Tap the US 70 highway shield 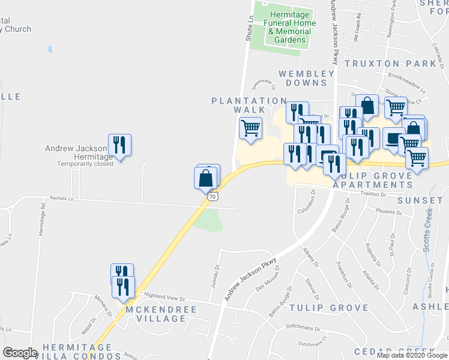point(211,196)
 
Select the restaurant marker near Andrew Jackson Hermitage point(119,145)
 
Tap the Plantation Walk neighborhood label point(238,106)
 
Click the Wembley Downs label point(306,78)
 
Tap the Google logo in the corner point(20,353)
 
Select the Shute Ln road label point(248,28)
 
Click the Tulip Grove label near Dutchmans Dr point(328,308)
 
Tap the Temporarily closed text point(85,164)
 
